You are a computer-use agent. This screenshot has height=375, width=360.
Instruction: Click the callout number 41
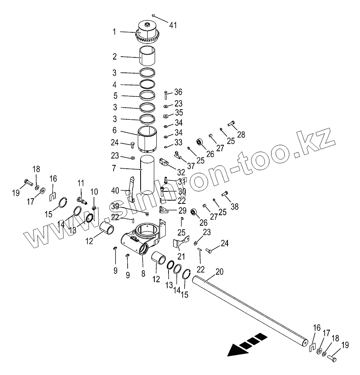(x=173, y=25)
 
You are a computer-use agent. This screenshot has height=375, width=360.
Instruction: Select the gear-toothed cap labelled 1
(x=147, y=32)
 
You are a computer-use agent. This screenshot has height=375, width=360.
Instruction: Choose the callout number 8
(x=143, y=273)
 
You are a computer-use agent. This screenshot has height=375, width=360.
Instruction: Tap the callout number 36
(x=178, y=92)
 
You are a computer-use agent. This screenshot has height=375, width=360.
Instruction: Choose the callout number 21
(x=181, y=257)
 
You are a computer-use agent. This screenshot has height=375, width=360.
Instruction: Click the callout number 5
(x=115, y=96)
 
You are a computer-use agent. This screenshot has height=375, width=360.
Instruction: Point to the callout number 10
(x=94, y=191)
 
